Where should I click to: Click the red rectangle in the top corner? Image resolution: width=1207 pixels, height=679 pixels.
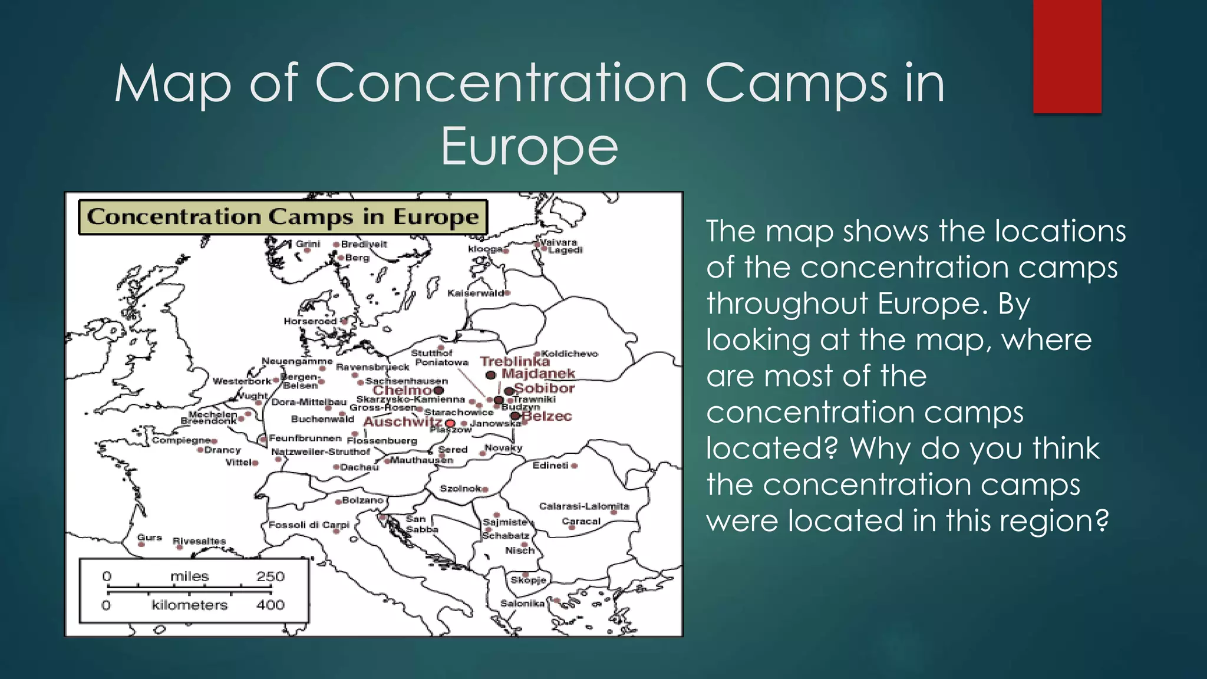point(1067,57)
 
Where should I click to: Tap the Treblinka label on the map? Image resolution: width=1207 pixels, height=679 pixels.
point(514,361)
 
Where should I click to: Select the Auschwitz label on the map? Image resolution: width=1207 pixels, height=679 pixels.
point(403,422)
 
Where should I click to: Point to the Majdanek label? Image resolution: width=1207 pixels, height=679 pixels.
point(538,374)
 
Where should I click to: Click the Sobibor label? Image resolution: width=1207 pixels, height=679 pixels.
point(545,388)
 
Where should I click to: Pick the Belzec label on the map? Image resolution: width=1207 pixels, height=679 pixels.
point(548,416)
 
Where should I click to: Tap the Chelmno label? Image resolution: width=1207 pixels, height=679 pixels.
point(403,390)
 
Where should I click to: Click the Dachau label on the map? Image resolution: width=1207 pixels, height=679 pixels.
point(359,467)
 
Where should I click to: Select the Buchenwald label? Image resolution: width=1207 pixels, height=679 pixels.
point(322,419)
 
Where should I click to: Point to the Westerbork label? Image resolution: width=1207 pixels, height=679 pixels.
point(242,381)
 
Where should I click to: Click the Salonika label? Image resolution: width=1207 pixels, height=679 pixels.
point(522,603)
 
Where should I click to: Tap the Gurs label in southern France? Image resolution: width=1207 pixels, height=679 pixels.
point(149,538)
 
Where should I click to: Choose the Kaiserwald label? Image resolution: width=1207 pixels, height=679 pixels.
point(475,293)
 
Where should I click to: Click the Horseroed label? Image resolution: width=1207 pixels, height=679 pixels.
point(310,321)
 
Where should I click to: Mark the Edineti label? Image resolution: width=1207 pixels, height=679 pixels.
point(550,466)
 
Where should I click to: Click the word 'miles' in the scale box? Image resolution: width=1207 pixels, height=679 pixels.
point(189,576)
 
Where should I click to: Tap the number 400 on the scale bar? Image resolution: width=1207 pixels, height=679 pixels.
point(270,605)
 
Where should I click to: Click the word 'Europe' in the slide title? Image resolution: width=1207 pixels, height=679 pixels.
point(529,146)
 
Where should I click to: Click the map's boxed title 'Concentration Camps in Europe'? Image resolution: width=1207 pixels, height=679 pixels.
point(283,217)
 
